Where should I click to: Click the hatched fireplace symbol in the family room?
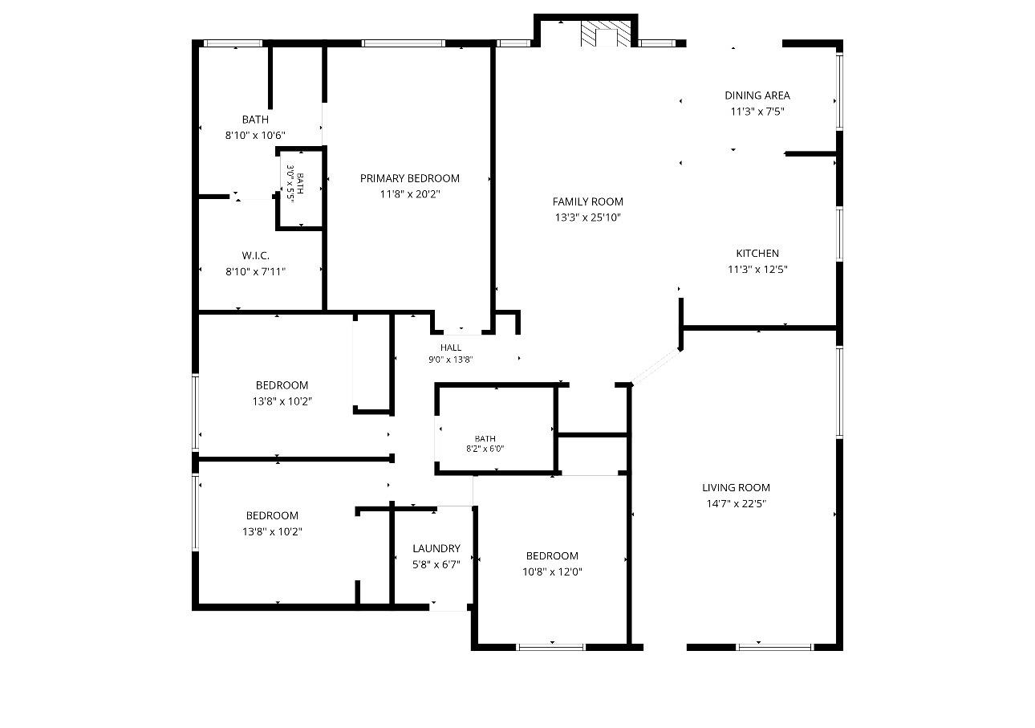pos(605,33)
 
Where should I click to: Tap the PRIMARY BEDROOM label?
pos(410,178)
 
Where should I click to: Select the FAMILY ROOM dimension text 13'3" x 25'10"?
pos(588,218)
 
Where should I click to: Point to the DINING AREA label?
pos(757,96)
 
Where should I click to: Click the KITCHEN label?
pos(757,254)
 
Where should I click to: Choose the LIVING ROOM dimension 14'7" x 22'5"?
pos(736,504)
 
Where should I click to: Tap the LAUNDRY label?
pos(436,548)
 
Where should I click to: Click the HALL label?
pos(450,348)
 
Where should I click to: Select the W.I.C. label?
pos(255,255)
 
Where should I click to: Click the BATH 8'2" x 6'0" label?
pos(485,443)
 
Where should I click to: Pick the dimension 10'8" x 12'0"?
pos(552,571)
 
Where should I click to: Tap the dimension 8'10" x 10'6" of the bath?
pos(255,136)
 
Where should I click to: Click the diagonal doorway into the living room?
pos(655,367)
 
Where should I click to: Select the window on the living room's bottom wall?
pos(775,647)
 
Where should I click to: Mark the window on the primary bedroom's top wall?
pos(404,43)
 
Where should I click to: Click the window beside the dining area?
pos(839,92)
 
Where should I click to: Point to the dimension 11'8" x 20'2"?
pos(410,194)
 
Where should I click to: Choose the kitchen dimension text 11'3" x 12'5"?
pos(757,270)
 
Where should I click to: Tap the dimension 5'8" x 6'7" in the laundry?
pos(436,564)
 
